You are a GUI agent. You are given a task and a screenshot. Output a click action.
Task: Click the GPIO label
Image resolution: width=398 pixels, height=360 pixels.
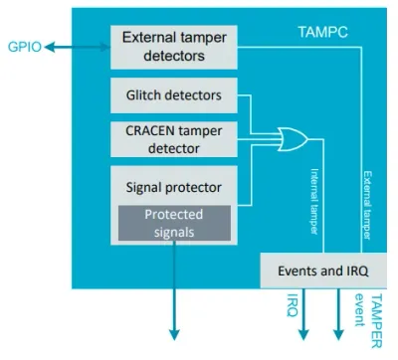click(25, 47)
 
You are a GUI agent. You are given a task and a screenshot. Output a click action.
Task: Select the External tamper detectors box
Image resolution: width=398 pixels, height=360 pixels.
click(174, 47)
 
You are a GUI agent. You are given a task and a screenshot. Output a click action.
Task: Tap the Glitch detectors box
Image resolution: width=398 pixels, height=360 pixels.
click(174, 95)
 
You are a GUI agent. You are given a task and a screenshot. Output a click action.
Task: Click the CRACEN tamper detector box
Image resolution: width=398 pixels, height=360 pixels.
click(174, 139)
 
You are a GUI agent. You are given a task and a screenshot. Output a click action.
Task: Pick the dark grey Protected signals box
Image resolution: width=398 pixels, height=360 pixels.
click(174, 223)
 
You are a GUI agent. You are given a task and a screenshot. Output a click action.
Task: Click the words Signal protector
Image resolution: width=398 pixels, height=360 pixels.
click(173, 188)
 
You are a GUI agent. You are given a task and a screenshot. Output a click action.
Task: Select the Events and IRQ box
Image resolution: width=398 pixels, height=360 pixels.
click(323, 270)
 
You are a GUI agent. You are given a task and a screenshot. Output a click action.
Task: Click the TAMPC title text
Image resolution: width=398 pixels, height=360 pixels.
click(322, 32)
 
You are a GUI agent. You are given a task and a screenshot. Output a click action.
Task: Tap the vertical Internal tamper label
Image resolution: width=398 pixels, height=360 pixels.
click(314, 202)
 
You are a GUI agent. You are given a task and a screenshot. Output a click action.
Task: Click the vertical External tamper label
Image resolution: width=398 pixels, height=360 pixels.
click(367, 205)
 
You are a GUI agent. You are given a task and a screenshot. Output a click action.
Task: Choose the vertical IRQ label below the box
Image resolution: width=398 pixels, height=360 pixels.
click(293, 305)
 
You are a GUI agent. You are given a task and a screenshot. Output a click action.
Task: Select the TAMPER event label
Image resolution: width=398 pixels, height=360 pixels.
click(368, 320)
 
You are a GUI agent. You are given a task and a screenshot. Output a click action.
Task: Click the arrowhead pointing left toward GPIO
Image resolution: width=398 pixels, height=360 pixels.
click(49, 47)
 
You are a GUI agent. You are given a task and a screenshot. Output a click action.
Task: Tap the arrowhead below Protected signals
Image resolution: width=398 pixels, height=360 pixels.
click(174, 335)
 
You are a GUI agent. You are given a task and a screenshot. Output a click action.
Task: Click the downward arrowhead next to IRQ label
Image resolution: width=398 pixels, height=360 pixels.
click(303, 335)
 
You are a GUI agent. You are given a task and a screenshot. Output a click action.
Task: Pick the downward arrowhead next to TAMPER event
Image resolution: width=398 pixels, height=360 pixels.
click(338, 335)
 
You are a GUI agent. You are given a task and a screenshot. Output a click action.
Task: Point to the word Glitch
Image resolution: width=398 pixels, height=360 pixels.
click(143, 95)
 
